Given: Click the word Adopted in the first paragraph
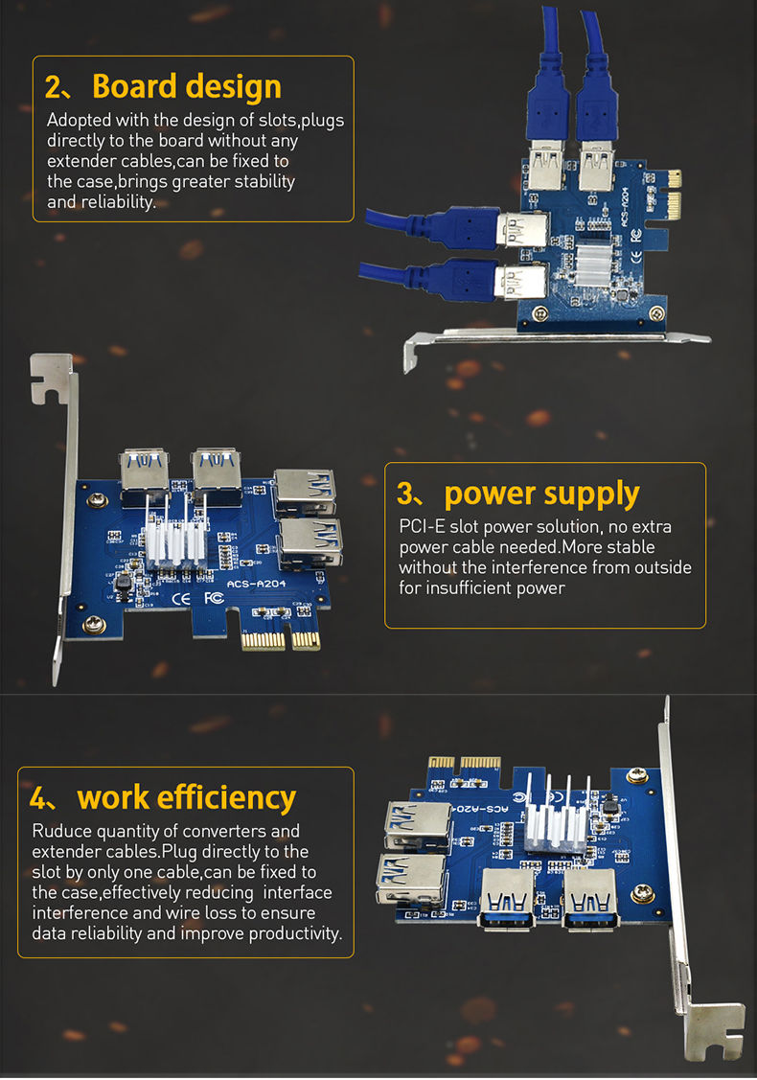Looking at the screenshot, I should [x=80, y=121].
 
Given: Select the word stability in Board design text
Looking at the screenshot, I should [x=261, y=181].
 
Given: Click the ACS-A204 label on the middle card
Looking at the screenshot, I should [x=257, y=583].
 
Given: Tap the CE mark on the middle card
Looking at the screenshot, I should [x=181, y=600].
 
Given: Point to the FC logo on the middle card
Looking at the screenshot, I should [x=213, y=600].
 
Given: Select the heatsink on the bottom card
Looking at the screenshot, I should [x=556, y=827].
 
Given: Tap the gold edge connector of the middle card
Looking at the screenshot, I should [x=279, y=639].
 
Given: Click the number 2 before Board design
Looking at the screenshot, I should [x=57, y=87].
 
